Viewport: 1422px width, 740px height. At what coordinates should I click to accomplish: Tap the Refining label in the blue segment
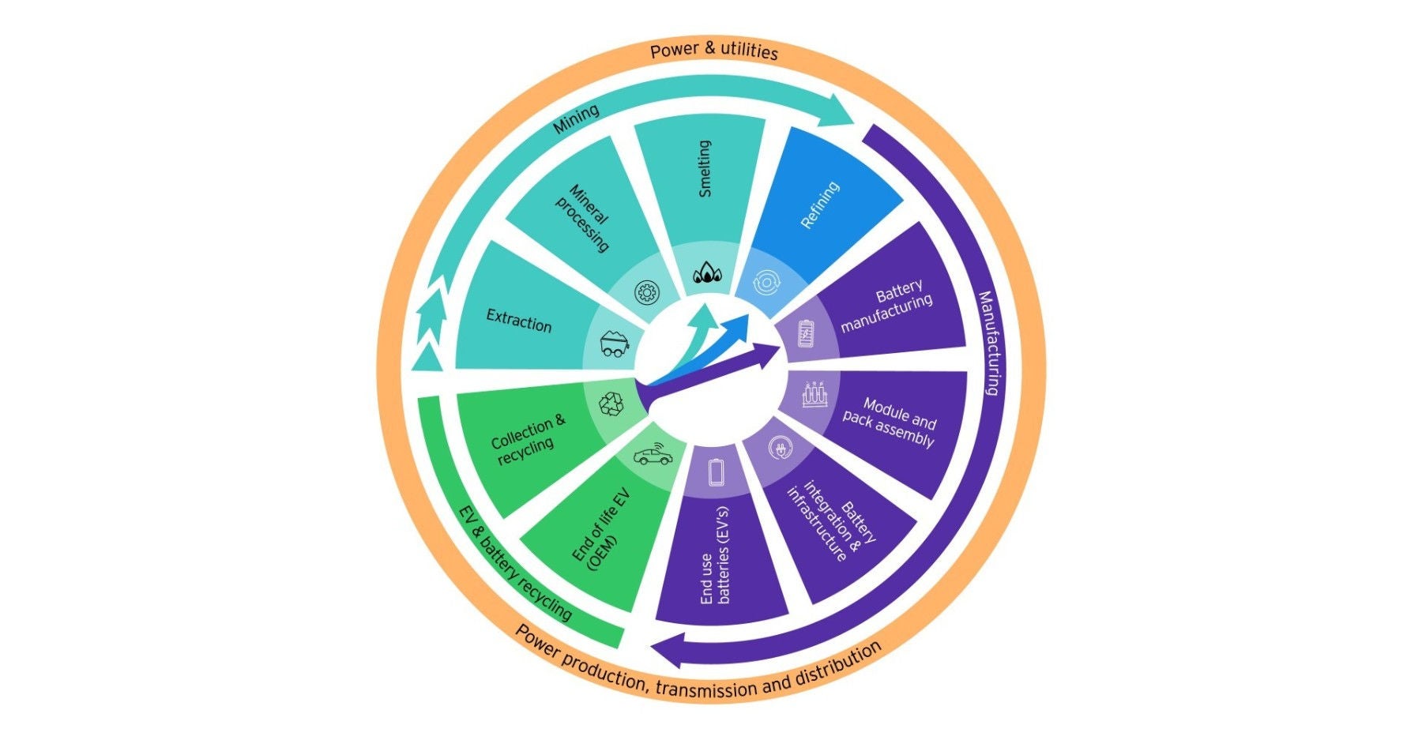click(819, 205)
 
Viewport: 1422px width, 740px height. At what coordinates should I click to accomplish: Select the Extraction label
click(518, 321)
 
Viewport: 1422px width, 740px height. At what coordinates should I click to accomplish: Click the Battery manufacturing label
click(887, 306)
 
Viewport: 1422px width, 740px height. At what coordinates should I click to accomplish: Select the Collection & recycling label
click(528, 439)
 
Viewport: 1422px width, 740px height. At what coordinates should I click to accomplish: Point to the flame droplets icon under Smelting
click(707, 274)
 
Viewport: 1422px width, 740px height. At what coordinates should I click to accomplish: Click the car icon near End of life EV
click(653, 456)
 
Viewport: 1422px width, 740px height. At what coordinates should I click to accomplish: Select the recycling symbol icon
click(611, 404)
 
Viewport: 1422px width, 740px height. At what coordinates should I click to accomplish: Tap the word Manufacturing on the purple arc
click(990, 343)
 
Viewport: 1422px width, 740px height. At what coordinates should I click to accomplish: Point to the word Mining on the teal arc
click(575, 119)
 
